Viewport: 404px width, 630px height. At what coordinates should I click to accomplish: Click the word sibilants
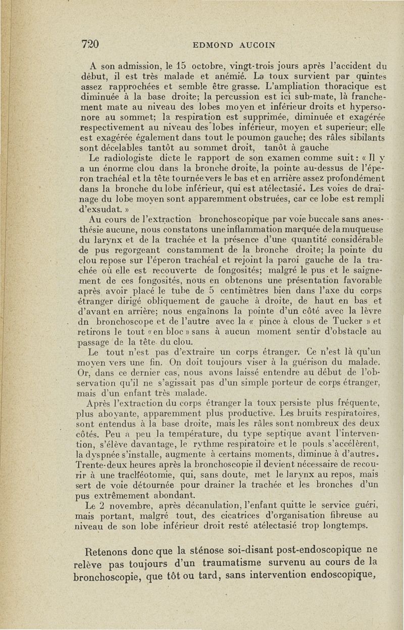coord(367,138)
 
